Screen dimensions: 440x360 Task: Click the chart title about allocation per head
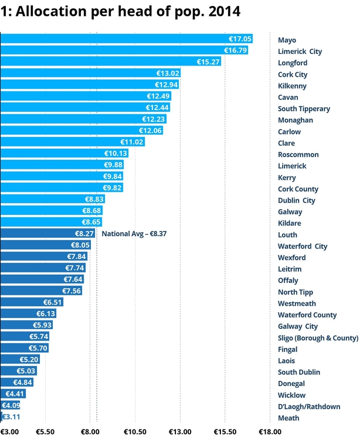[120, 11]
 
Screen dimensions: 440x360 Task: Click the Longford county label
[292, 63]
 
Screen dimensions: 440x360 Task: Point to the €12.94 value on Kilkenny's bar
[166, 86]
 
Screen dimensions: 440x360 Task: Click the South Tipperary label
[304, 108]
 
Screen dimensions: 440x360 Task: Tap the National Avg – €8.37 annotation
[134, 234]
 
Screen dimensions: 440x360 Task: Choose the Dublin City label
[296, 200]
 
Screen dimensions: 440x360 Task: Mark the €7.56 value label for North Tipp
[72, 291]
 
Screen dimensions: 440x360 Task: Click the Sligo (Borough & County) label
[318, 337]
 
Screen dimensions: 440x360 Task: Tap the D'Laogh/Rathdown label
[308, 406]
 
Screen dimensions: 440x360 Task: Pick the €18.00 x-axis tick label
[269, 432]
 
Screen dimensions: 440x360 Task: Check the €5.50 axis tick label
[45, 432]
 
